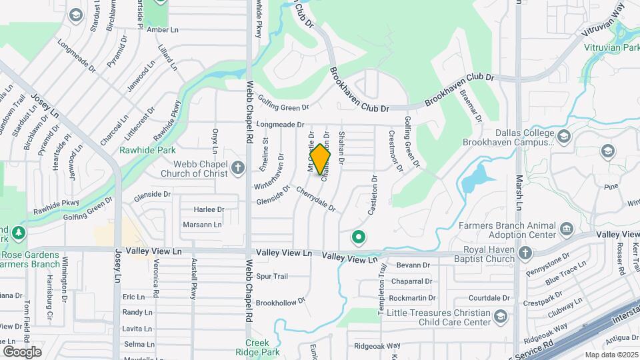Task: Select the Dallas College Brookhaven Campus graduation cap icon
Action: tap(563, 137)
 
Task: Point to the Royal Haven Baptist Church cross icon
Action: tap(525, 253)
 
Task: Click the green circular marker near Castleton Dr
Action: tap(359, 237)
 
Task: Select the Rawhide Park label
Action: tap(147, 150)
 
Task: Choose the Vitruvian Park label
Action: tap(612, 48)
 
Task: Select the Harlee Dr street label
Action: tap(209, 209)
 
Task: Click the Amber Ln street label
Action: tap(163, 30)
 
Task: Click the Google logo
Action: tap(22, 351)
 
